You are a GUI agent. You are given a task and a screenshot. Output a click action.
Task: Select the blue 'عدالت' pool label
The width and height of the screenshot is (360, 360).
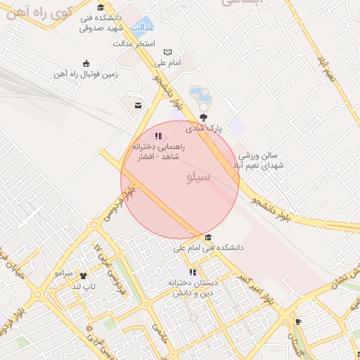coord(145,29)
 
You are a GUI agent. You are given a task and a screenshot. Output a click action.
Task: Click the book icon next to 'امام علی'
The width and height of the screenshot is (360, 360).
coord(167,52)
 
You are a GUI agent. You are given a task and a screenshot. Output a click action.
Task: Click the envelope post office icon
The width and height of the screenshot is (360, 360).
coord(137,105)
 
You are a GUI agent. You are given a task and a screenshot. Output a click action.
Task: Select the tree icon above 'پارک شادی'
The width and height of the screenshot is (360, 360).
coord(204,117)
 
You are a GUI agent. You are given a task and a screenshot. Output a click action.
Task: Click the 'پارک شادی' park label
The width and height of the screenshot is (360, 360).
coord(204,129)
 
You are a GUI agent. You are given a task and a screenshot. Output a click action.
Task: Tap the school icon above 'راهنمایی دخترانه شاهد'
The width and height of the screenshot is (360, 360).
coord(159,136)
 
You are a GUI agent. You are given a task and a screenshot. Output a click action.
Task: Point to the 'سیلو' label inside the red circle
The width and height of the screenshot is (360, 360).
coord(198,176)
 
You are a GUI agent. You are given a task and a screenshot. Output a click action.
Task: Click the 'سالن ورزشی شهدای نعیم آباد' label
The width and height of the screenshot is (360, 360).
coord(260,160)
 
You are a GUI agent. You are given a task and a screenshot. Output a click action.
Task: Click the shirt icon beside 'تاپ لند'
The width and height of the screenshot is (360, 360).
coord(83,276)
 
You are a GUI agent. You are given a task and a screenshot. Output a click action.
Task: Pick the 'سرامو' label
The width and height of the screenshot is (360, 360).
coord(64,271)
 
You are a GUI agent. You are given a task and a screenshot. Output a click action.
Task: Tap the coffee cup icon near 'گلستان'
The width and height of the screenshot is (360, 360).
coord(298,321)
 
